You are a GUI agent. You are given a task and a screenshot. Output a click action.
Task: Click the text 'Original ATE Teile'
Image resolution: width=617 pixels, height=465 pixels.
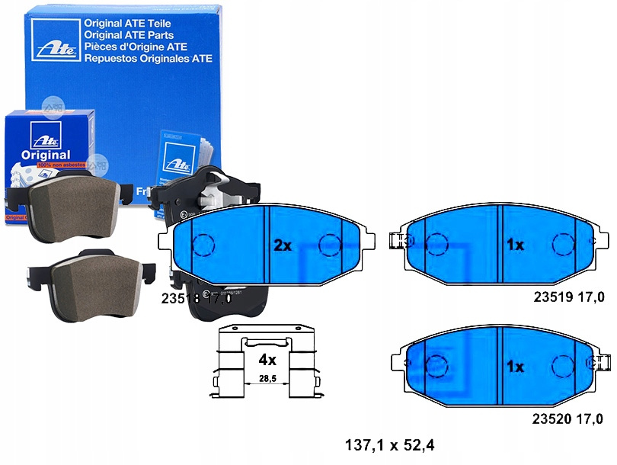pos(129,24)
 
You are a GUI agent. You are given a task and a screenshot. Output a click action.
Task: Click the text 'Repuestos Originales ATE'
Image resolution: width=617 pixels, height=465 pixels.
pos(148,58)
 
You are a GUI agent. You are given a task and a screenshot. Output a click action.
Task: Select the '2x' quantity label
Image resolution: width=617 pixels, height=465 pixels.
pos(283,245)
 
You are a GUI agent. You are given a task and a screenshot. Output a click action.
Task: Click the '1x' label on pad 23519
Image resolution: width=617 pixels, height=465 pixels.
pos(516,245)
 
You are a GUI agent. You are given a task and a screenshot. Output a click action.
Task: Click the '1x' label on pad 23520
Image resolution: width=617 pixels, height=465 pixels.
pos(516,367)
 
